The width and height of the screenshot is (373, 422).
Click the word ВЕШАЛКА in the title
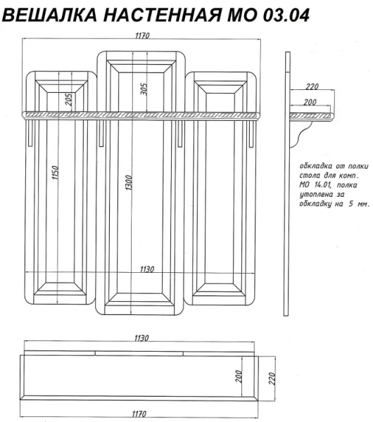click(49, 15)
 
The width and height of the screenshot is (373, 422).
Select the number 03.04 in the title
click(286, 15)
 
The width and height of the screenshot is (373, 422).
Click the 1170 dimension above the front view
click(142, 35)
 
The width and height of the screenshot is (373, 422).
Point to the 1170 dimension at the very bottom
click(139, 414)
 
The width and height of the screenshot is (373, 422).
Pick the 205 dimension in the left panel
click(69, 99)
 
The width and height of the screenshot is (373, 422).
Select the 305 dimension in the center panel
click(144, 89)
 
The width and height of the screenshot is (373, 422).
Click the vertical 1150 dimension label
click(55, 172)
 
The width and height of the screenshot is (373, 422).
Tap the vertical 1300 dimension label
click(129, 183)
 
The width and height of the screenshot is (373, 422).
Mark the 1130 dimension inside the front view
click(147, 269)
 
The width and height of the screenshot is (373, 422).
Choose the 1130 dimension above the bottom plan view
click(141, 338)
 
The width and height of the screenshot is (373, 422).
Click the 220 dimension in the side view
click(312, 87)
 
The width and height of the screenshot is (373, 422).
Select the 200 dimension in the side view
click(310, 102)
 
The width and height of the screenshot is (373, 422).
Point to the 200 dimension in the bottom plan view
click(239, 376)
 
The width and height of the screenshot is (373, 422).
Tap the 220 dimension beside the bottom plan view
click(272, 378)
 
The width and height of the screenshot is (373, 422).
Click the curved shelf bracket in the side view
click(300, 134)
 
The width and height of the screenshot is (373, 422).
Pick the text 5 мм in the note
click(359, 204)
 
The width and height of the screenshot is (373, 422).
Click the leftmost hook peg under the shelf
click(30, 133)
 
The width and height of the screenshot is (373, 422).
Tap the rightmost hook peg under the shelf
click(251, 134)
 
